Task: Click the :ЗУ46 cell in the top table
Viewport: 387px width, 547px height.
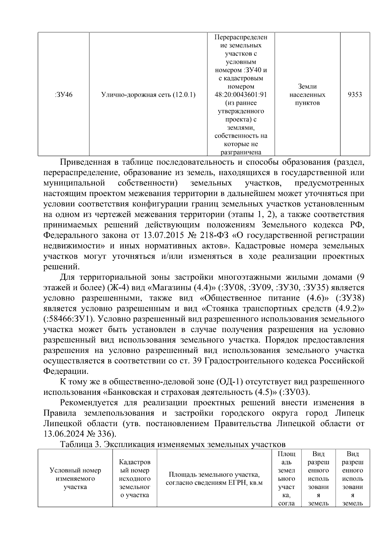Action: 64,95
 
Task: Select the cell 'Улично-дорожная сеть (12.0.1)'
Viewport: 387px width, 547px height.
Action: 148,95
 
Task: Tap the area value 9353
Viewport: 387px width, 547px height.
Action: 355,95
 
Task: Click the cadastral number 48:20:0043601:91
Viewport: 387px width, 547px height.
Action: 241,95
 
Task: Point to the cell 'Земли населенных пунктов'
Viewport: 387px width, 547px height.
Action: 307,95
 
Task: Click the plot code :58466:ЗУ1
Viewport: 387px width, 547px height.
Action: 68,319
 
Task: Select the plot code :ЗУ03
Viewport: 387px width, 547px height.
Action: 294,392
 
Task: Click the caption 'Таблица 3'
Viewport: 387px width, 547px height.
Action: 81,444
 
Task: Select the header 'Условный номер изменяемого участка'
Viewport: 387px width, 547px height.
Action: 75,479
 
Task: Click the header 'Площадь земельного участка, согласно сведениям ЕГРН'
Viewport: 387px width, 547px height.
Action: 214,479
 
